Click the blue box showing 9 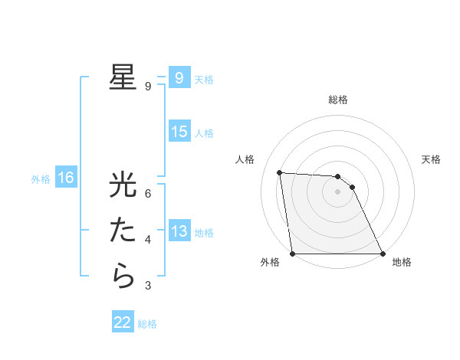[179, 77]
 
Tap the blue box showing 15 [179, 132]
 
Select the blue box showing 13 [179, 231]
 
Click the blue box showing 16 [66, 178]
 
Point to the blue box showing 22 [123, 322]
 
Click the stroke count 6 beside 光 [148, 194]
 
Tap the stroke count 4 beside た [148, 240]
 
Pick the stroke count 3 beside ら [148, 286]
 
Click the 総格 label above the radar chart [338, 100]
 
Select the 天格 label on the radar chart [432, 159]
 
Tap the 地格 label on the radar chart [402, 262]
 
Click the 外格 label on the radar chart [270, 262]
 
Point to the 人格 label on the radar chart [245, 159]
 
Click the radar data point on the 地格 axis [382, 254]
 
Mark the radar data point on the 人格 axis [280, 172]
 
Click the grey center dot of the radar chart [337, 192]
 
